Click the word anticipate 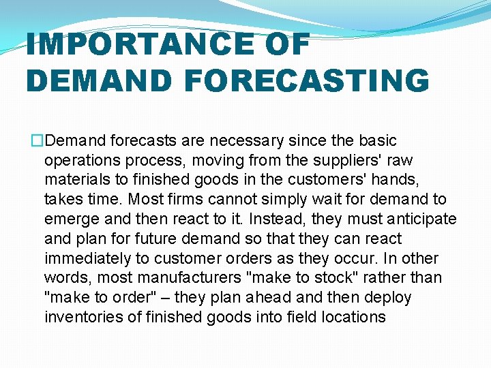click(x=421, y=219)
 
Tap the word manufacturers click(x=182, y=278)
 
